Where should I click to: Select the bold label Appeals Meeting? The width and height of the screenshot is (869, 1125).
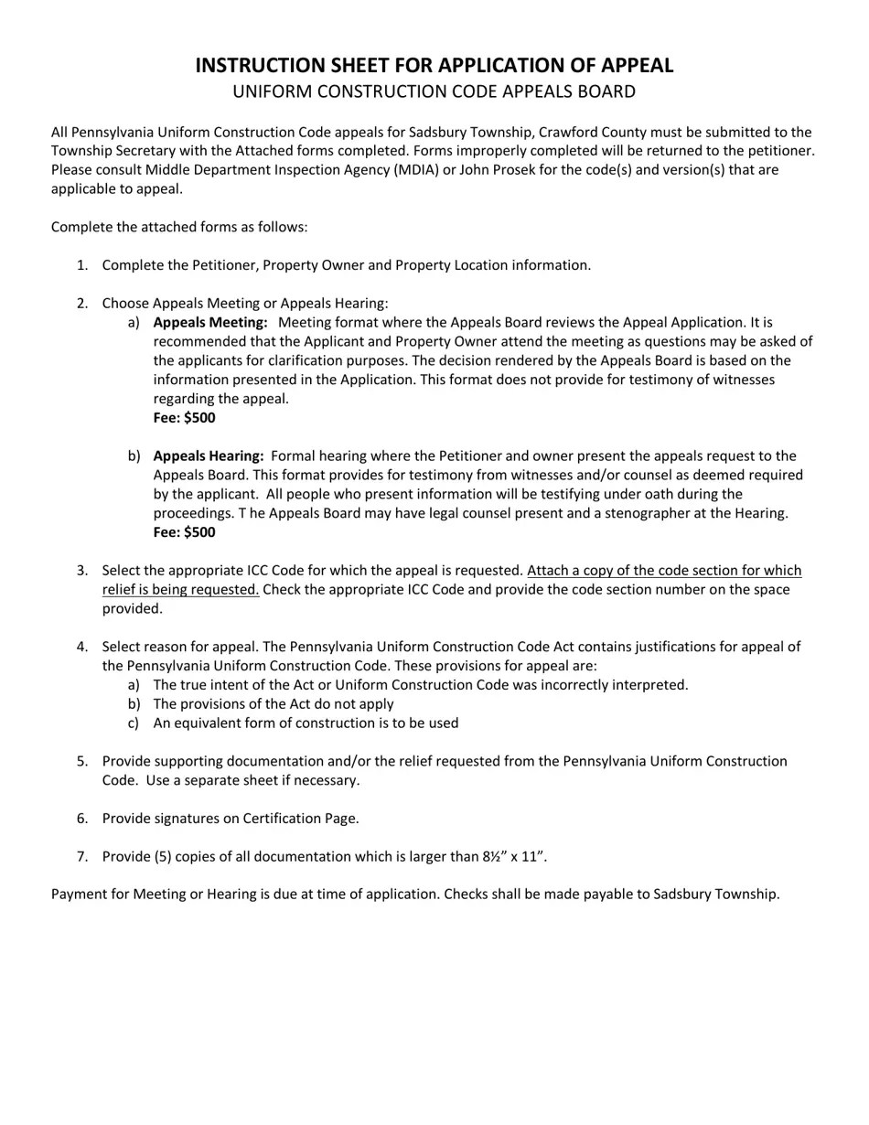210,323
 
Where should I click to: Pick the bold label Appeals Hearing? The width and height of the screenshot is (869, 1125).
209,456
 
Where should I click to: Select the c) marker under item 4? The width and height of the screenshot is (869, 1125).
134,723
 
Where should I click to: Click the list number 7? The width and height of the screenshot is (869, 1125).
82,857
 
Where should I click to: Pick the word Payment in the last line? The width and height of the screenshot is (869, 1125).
79,895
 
